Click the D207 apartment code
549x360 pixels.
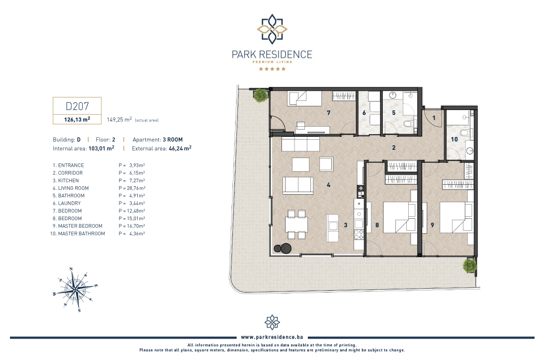pos(77,106)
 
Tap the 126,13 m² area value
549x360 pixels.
pos(77,119)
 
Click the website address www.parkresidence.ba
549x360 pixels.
pos(272,337)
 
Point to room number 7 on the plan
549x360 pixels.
pos(328,113)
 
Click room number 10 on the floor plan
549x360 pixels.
pos(454,139)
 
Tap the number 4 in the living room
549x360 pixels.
pos(328,185)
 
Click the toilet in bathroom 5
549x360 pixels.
pos(408,124)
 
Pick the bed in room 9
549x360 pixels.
pos(456,217)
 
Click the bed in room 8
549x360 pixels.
pos(399,217)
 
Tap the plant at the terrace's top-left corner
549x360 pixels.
pos(261,95)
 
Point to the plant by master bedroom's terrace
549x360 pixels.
pos(470,266)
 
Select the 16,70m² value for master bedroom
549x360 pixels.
pos(136,226)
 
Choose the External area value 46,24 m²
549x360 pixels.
pos(180,148)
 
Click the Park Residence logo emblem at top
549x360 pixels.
pos(272,29)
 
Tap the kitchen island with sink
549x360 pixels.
pos(332,228)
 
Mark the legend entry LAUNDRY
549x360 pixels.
pos(69,203)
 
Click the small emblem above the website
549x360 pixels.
pos(272,322)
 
